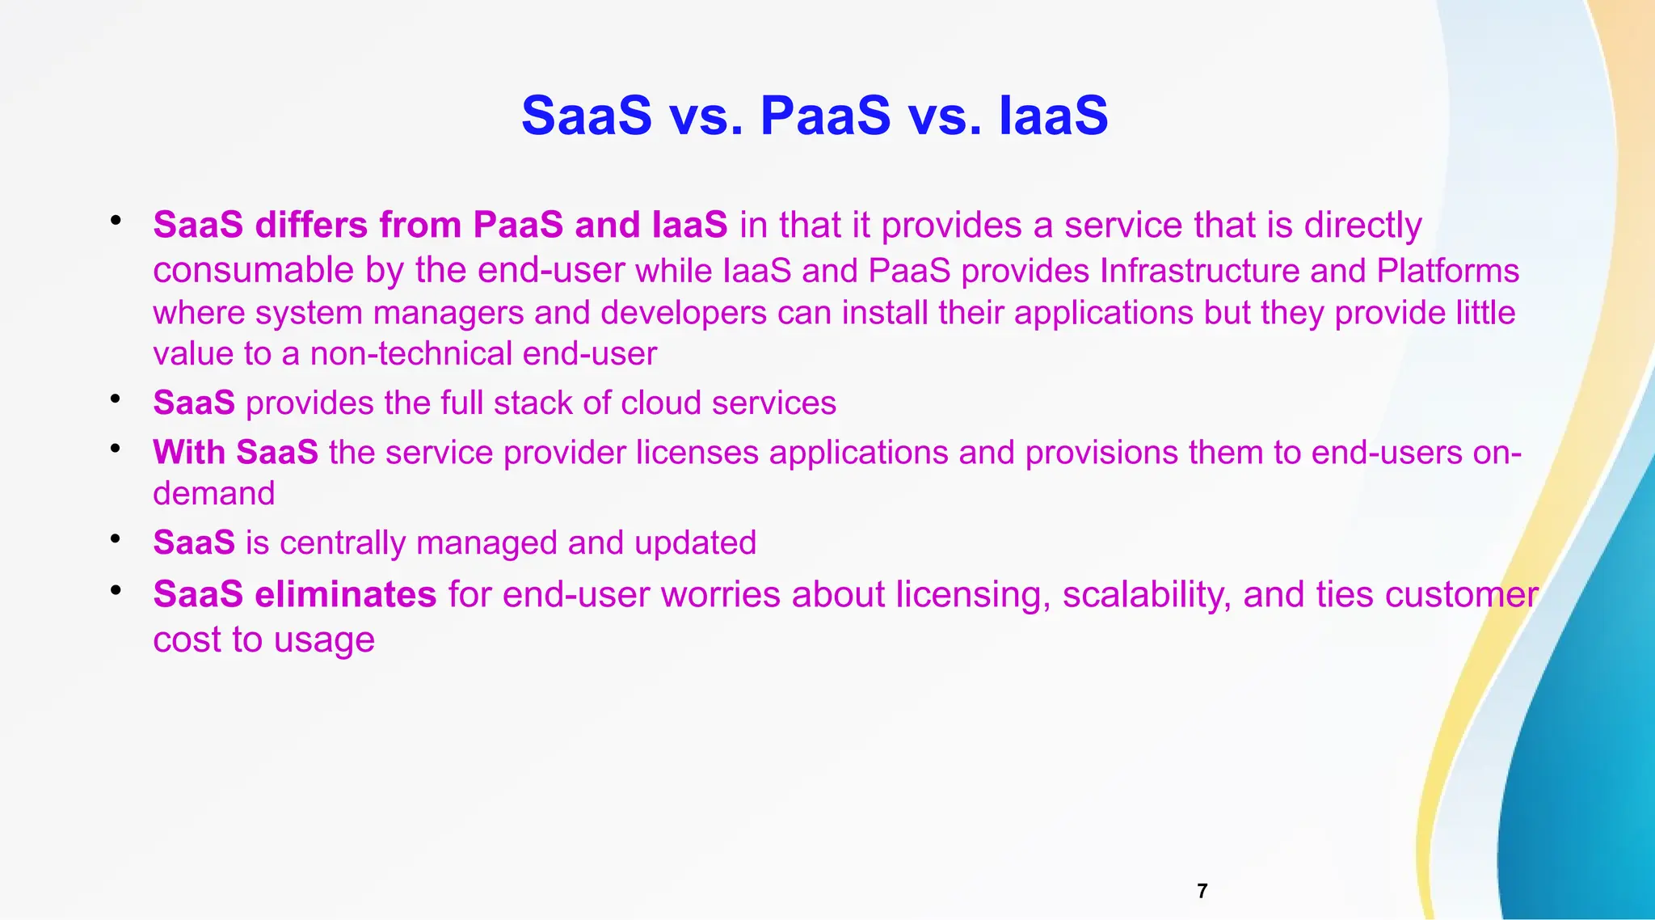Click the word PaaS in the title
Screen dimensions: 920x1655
click(825, 116)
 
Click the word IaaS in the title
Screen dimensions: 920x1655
click(1053, 116)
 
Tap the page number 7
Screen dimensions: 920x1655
click(1202, 891)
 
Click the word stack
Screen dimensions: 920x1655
click(533, 403)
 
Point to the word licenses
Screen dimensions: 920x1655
click(697, 453)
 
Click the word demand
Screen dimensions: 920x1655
click(214, 493)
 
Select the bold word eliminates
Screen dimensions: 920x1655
click(346, 594)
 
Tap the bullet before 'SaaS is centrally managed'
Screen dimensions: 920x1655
click(116, 538)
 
